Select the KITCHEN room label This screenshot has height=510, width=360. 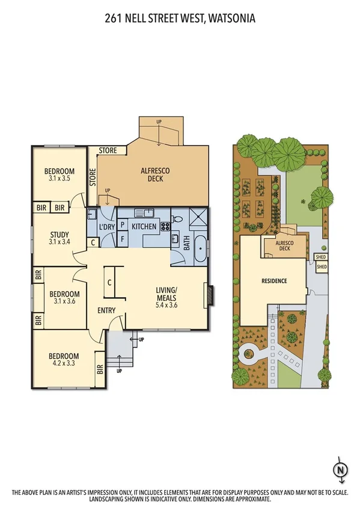(x=144, y=226)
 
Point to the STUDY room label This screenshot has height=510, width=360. (x=59, y=235)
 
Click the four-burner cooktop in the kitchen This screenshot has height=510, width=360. (x=165, y=227)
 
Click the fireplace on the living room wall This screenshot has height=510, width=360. (x=209, y=295)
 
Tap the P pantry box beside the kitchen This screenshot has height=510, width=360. (x=122, y=225)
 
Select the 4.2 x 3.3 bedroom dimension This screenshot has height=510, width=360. (x=64, y=364)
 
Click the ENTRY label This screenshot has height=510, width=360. (x=106, y=310)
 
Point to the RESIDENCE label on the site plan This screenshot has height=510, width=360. (x=273, y=281)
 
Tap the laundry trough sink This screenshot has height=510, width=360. (x=93, y=214)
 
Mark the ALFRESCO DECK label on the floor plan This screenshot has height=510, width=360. (x=155, y=175)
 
